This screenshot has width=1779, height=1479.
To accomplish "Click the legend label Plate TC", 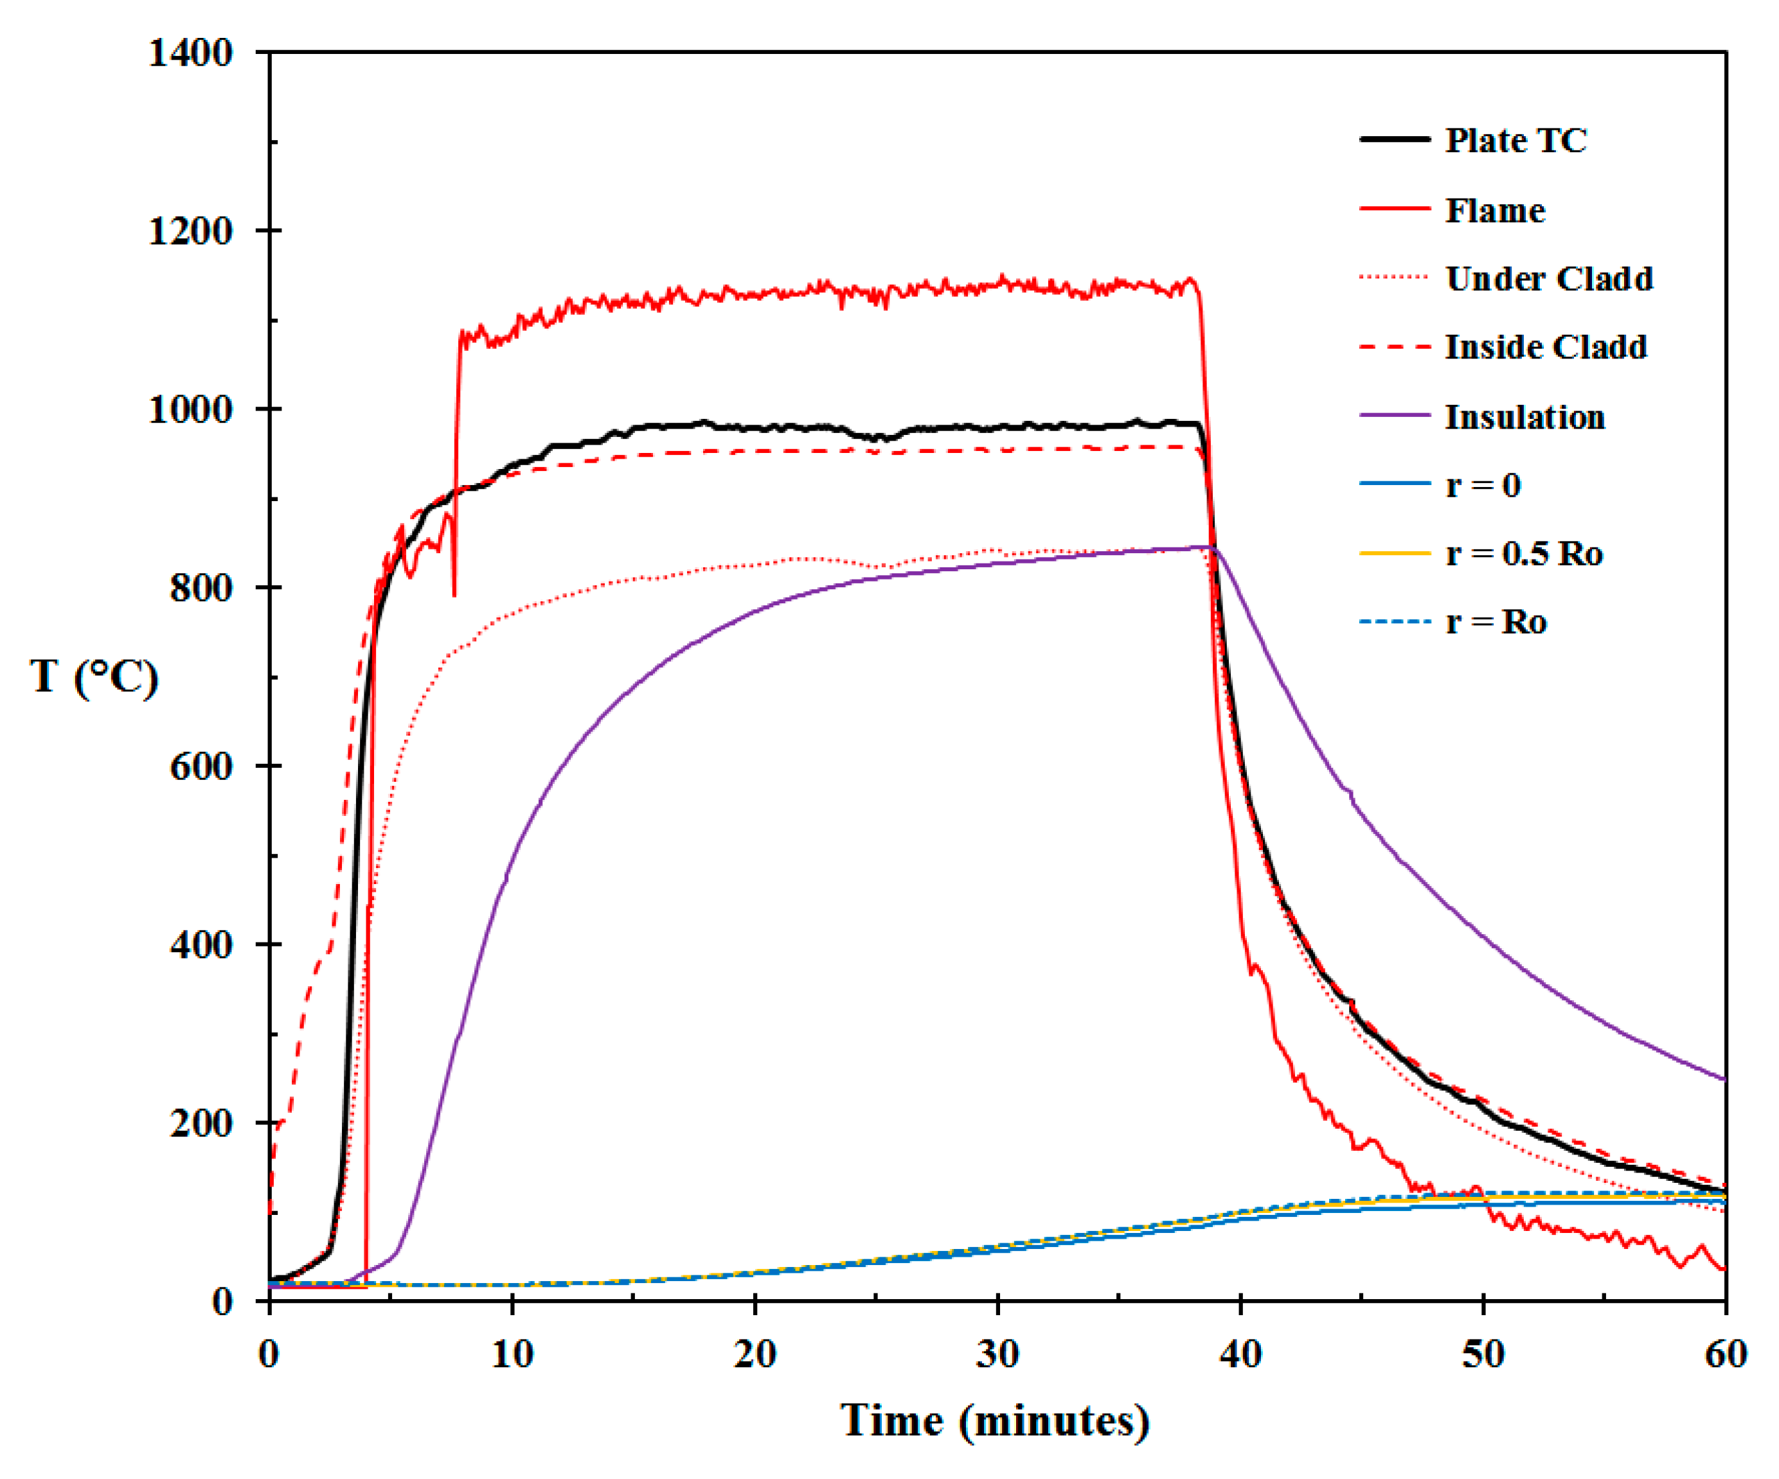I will point(1515,140).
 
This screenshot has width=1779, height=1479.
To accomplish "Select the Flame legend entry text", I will point(1494,210).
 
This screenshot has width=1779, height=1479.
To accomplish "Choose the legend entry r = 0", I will point(1483,484).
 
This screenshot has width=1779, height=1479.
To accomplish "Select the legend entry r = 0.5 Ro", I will point(1523,553).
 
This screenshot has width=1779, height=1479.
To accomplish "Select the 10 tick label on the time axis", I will point(512,1354).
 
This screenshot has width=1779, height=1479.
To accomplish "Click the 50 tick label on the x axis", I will point(1483,1354).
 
